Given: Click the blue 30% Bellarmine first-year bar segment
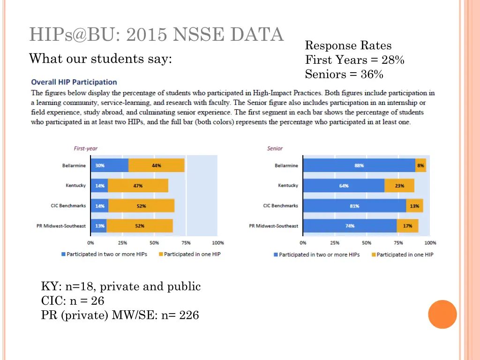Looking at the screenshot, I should [x=109, y=165].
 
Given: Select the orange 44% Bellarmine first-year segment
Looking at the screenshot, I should [x=156, y=165].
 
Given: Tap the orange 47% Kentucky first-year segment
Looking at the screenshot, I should [x=138, y=186].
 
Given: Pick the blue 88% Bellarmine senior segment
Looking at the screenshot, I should [x=359, y=165].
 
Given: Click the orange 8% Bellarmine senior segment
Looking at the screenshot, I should [x=420, y=165].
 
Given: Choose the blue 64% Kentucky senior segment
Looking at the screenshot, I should [x=344, y=186].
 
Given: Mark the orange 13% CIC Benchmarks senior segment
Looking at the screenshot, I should [x=414, y=206].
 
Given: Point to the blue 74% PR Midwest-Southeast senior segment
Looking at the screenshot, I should [x=350, y=226].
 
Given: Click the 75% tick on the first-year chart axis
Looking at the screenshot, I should [x=186, y=243].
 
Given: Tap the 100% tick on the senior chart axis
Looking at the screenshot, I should [x=430, y=243].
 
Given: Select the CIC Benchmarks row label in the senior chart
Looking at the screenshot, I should [x=280, y=206].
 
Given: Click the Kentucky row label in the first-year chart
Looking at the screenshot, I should [x=75, y=186].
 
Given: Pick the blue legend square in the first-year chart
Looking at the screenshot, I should [x=63, y=255].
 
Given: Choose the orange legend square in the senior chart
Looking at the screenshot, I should [x=374, y=255].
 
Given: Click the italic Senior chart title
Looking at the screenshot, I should [x=275, y=149].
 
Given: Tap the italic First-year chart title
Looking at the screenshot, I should [x=85, y=149].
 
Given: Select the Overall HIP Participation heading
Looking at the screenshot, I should [x=74, y=82].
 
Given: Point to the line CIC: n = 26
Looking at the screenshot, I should [x=73, y=301].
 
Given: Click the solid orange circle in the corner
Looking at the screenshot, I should [x=442, y=314].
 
